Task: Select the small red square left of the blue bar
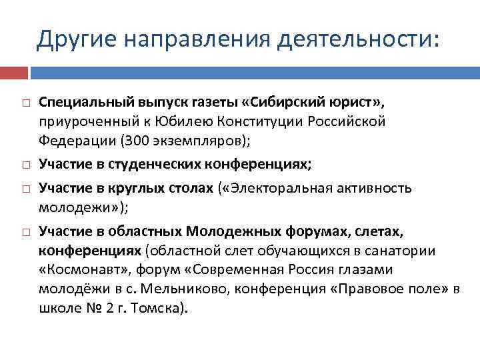pos(13,73)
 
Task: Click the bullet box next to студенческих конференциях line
pos(24,164)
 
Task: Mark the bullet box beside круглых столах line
pos(24,191)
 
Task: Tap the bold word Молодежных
pos(223,231)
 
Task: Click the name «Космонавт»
pos(81,270)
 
